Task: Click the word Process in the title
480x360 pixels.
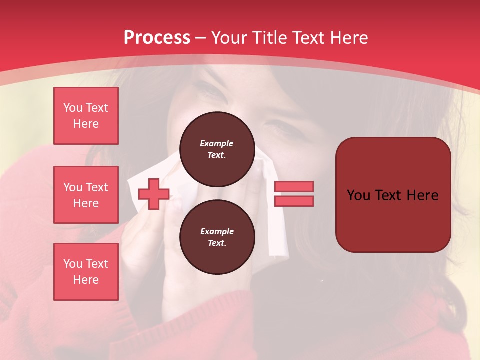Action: [x=157, y=38]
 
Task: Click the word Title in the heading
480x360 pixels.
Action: [x=269, y=38]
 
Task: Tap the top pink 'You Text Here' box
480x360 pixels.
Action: [x=86, y=116]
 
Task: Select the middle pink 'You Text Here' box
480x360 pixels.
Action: [x=86, y=195]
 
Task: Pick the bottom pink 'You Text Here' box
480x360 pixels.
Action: [x=86, y=272]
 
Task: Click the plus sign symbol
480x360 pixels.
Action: [x=154, y=194]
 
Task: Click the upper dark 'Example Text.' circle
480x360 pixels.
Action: [x=217, y=149]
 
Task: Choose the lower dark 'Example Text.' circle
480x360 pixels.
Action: [x=217, y=237]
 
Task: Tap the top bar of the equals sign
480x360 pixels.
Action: [x=294, y=186]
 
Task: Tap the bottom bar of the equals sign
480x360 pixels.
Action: [x=294, y=201]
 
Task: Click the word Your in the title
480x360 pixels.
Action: [x=230, y=38]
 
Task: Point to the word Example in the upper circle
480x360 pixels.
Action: [x=217, y=143]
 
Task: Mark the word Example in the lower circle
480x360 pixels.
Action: [x=217, y=231]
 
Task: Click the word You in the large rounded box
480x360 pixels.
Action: [x=359, y=195]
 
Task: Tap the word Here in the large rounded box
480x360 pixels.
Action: [x=423, y=195]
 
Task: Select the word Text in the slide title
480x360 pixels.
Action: [x=308, y=38]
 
